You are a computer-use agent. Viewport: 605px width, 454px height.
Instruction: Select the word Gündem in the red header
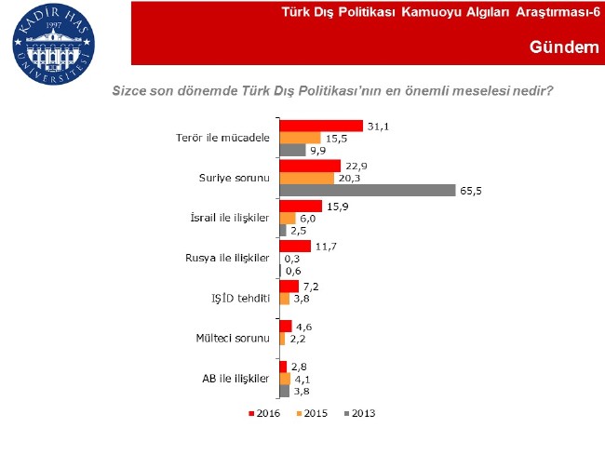(563, 47)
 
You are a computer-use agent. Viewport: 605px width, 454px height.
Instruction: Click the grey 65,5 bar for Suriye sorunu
(366, 190)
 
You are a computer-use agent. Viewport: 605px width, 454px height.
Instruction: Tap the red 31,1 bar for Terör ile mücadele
(321, 125)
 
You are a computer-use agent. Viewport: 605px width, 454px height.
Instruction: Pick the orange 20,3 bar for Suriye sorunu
(307, 178)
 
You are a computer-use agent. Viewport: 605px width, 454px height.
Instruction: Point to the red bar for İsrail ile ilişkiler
(301, 206)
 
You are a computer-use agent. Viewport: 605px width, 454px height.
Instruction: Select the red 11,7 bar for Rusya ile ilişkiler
(295, 246)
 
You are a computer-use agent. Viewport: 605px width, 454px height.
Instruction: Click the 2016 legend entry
(266, 412)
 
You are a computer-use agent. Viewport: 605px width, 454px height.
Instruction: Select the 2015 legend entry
(312, 412)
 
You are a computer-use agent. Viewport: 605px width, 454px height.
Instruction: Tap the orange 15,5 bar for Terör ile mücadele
(301, 138)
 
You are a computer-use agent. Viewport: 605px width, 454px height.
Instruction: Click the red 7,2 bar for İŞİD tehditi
(289, 286)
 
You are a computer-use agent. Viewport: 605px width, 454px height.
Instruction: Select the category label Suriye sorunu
(235, 178)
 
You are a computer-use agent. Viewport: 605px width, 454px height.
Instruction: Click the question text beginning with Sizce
(333, 91)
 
